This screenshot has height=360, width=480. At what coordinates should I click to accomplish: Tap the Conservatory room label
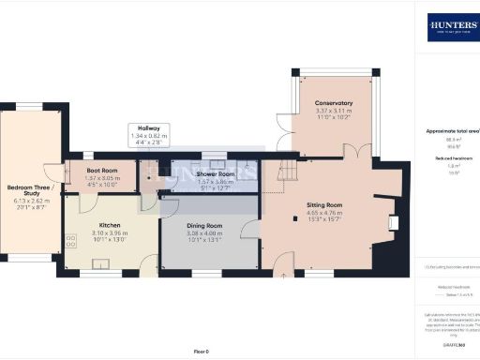click(334, 103)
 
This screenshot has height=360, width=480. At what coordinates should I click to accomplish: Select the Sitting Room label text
click(325, 203)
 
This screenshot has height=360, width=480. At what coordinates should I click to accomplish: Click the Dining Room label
click(203, 226)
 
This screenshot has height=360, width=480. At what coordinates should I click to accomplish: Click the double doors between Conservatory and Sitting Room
click(352, 151)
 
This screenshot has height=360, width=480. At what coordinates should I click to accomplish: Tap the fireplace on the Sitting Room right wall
click(393, 222)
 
